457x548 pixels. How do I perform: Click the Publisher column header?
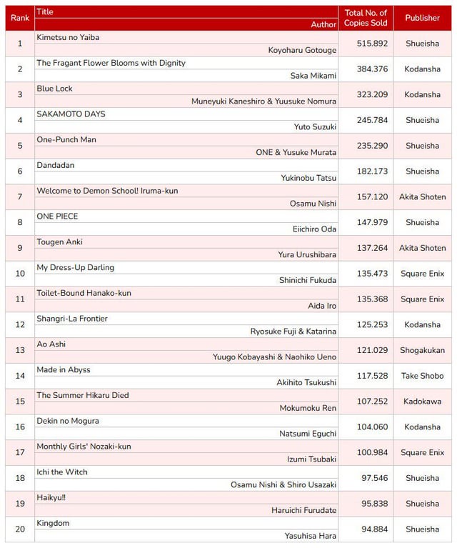coord(422,18)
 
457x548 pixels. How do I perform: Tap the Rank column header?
coord(20,18)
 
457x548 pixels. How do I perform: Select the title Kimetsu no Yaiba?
coord(72,37)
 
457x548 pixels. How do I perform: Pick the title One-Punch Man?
coord(66,139)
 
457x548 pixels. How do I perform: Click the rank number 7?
coord(20,197)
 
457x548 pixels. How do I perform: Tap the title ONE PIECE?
coord(58,216)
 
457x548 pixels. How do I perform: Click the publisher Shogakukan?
coord(422,351)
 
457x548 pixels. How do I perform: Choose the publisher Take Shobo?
coord(422,376)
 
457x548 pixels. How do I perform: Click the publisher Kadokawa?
coord(422,402)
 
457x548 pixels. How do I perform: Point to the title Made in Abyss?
coord(64,369)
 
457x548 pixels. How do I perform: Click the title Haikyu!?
coord(51,497)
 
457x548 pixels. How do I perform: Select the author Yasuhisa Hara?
coord(311,536)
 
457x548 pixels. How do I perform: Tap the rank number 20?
coord(20,529)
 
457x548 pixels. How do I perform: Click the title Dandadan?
coord(56,165)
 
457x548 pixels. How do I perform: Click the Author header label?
coord(323,24)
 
